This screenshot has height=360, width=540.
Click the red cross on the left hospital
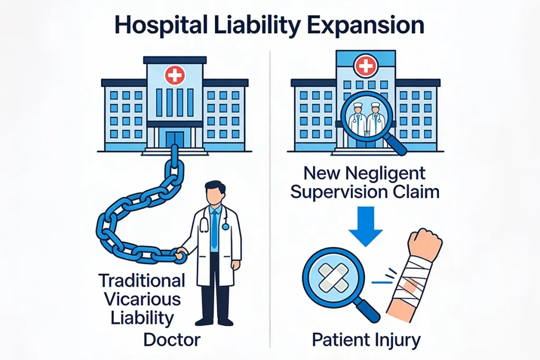pyautogui.click(x=175, y=75)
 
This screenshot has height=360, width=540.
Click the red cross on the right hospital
pyautogui.click(x=366, y=65)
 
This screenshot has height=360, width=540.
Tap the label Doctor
pyautogui.click(x=172, y=340)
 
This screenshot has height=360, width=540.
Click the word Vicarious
pyautogui.click(x=142, y=299)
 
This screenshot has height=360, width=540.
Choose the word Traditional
pyautogui.click(x=142, y=280)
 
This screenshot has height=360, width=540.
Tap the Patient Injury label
pyautogui.click(x=367, y=340)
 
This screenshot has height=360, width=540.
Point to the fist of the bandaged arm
pyautogui.click(x=425, y=242)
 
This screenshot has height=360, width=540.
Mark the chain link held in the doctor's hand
pyautogui.click(x=179, y=257)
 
